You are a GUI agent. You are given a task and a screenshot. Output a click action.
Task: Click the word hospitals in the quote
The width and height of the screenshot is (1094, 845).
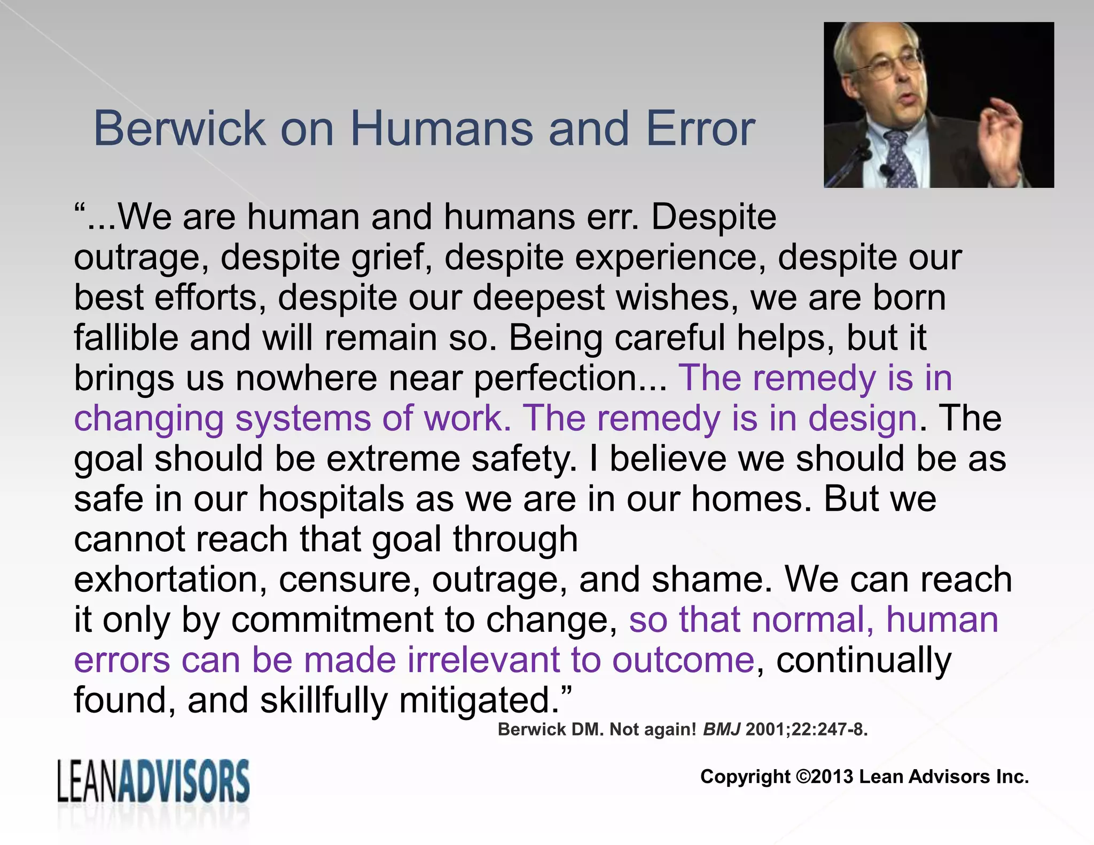point(331,499)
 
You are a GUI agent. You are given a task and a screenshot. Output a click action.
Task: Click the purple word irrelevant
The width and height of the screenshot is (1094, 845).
point(483,660)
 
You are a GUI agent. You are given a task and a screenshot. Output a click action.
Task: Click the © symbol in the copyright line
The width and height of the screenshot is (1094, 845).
point(803,777)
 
